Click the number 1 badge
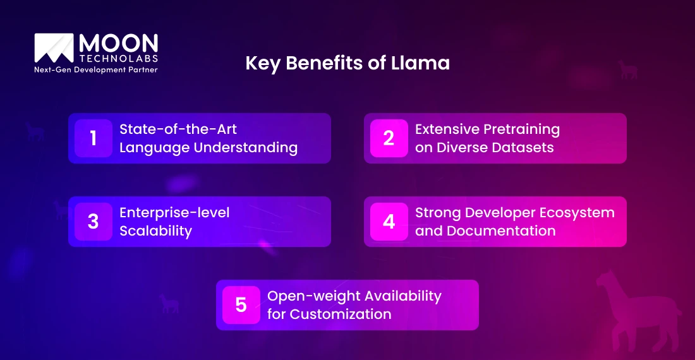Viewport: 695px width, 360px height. (94, 138)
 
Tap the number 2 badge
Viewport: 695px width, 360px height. (389, 138)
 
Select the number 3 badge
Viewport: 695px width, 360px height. (94, 222)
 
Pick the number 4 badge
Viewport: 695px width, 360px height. (389, 222)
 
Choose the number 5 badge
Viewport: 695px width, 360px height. (241, 305)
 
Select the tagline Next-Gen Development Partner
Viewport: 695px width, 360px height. (95, 70)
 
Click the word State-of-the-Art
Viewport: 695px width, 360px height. (178, 129)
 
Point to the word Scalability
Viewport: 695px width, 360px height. (155, 231)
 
